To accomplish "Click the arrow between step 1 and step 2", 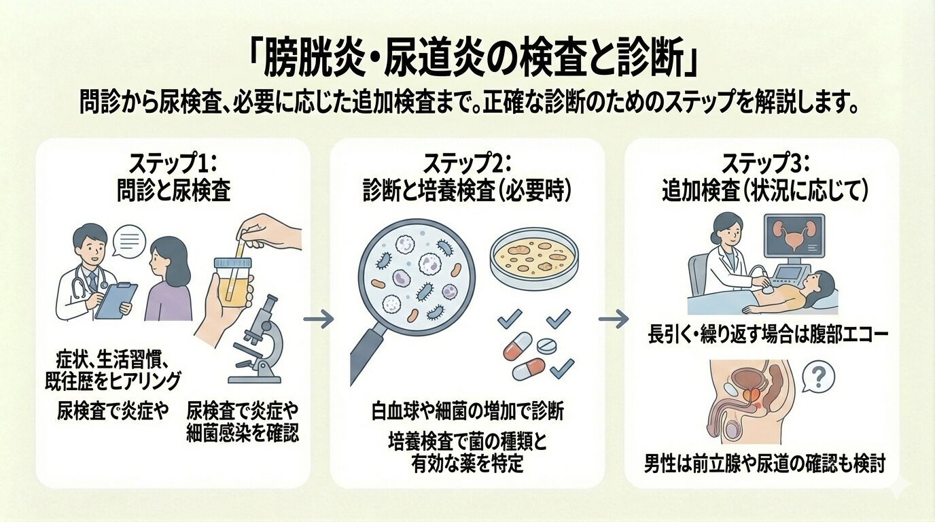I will click(x=318, y=317).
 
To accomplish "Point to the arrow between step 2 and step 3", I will click(x=613, y=318).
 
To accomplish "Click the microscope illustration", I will click(x=257, y=340).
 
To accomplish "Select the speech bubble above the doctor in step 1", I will click(x=129, y=243).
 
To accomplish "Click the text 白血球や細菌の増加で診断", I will click(x=467, y=411).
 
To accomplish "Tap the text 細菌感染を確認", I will click(x=243, y=433).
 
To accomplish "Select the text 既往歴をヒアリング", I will click(x=118, y=378).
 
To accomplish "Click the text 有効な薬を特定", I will click(x=467, y=464).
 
